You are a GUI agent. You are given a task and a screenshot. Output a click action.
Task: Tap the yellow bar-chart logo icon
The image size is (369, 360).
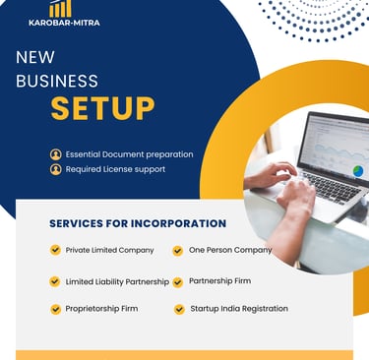60,8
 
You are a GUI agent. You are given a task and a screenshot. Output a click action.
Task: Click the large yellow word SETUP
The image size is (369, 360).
102,107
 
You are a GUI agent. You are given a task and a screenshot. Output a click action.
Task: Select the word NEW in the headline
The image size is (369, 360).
35,57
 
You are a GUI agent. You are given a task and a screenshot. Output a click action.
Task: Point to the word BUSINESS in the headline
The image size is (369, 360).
57,81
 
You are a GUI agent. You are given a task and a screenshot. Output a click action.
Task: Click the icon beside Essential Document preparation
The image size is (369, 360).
55,154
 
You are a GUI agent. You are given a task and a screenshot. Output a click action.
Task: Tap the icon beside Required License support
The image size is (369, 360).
55,169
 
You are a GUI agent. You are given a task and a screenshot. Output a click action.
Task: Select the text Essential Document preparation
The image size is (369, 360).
129,154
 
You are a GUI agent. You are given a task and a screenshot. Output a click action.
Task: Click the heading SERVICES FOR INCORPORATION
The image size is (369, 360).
138,223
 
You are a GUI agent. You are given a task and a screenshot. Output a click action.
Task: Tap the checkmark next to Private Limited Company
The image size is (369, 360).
55,250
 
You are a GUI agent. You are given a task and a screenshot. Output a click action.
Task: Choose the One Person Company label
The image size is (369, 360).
230,250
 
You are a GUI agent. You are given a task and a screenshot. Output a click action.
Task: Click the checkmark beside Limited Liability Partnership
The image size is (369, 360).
55,281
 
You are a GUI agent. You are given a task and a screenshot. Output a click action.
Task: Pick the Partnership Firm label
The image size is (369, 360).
219,280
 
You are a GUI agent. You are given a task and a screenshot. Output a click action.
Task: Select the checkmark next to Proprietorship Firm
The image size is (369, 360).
55,309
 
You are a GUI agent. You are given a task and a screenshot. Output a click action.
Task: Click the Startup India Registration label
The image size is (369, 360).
238,308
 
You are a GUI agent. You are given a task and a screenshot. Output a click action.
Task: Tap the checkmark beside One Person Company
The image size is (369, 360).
178,251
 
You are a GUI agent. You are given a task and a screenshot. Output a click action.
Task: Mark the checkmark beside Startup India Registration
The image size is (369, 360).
179,309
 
